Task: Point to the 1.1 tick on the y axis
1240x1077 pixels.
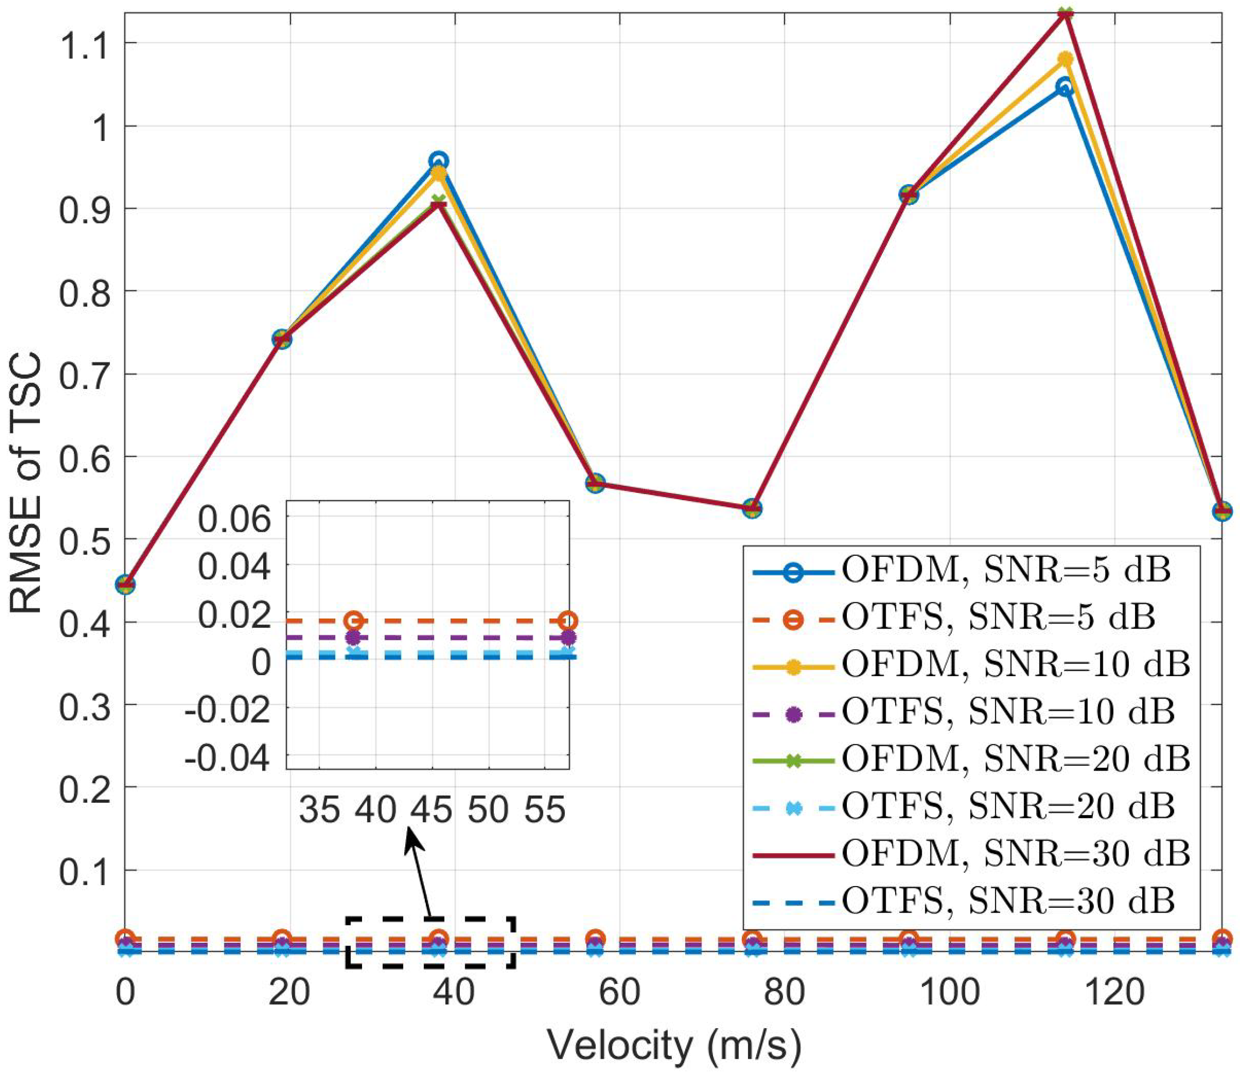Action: click(84, 43)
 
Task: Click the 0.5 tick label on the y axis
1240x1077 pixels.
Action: click(84, 539)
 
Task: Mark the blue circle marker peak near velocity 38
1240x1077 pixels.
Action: click(439, 161)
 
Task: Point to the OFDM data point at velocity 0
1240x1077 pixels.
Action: click(125, 584)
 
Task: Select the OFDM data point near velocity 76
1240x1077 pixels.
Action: click(752, 508)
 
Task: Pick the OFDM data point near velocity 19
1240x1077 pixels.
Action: click(281, 339)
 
